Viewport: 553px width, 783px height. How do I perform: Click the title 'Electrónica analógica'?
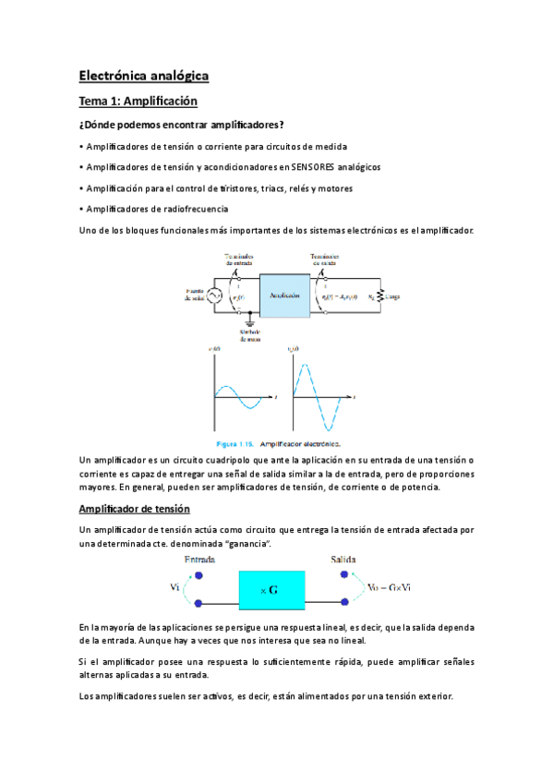(x=144, y=75)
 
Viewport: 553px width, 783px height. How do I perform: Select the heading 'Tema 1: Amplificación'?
(x=138, y=101)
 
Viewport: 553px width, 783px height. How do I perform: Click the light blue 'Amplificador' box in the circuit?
(x=286, y=295)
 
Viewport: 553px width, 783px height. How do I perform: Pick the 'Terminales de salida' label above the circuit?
(x=323, y=259)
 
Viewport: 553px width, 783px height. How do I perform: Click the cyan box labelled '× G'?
(x=270, y=588)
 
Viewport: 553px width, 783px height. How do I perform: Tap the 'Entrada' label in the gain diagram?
(x=200, y=560)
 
